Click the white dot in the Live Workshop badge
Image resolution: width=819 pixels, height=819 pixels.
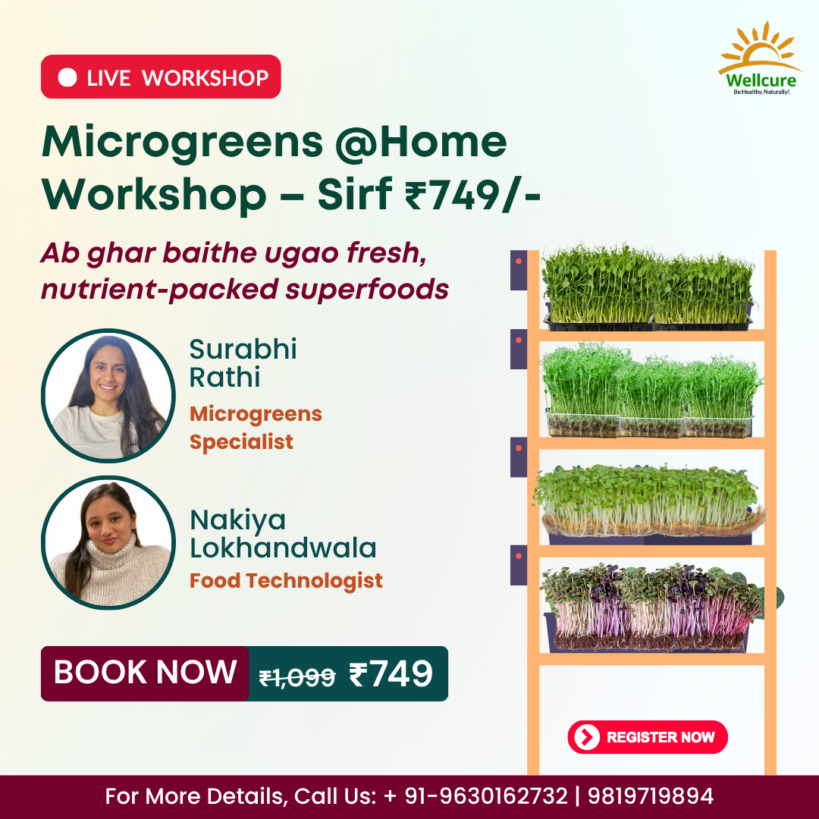click(x=67, y=77)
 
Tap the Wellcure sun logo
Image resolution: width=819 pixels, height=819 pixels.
click(x=760, y=58)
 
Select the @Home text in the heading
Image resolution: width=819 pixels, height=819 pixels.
click(x=420, y=142)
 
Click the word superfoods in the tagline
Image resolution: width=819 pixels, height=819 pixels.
click(x=367, y=290)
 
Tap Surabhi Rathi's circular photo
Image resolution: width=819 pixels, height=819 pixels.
click(x=108, y=395)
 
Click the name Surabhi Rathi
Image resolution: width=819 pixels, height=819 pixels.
click(x=243, y=363)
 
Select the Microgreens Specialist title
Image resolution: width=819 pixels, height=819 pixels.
click(x=256, y=428)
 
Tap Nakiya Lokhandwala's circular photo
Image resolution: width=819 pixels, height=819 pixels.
click(x=108, y=542)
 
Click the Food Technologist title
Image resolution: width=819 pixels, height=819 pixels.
click(x=286, y=580)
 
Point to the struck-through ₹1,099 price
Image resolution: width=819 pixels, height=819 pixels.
click(x=297, y=677)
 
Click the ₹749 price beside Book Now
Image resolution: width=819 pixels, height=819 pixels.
click(x=391, y=674)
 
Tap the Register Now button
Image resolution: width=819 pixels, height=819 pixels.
click(x=647, y=737)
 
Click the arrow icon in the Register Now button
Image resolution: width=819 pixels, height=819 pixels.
click(x=586, y=737)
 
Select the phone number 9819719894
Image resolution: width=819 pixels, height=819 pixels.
click(x=651, y=796)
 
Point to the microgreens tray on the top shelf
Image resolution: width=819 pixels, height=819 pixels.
click(x=648, y=287)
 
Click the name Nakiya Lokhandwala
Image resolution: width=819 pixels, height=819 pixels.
click(x=283, y=534)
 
